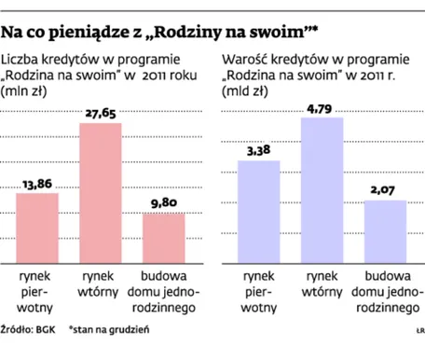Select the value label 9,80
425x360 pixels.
[163, 204]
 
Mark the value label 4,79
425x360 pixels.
[322, 109]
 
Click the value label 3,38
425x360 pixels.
[258, 152]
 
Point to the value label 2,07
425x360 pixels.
[385, 191]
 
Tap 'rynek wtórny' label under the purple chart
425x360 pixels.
[322, 284]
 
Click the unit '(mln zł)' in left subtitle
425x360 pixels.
[26, 92]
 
